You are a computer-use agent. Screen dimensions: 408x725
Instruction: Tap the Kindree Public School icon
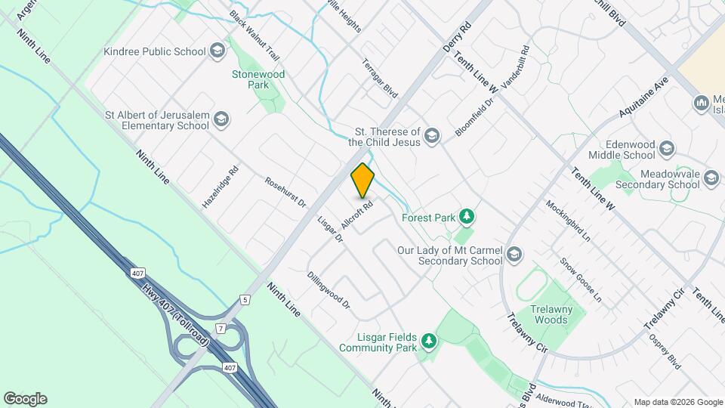[217, 51]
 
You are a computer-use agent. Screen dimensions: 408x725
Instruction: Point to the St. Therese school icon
[431, 136]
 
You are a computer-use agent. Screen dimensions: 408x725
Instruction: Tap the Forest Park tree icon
[467, 218]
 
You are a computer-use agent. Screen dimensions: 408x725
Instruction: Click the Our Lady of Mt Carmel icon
[515, 255]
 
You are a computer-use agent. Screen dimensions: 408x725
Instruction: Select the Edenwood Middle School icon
[666, 148]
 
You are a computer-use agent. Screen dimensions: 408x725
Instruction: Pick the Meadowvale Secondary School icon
[711, 178]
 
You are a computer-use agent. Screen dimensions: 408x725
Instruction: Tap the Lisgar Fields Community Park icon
[429, 342]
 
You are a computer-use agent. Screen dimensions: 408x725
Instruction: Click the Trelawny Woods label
[551, 314]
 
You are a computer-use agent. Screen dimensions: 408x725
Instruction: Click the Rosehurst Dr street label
[285, 193]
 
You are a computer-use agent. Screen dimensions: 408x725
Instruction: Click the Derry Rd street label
[457, 36]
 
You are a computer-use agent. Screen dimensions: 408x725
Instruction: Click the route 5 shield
[245, 300]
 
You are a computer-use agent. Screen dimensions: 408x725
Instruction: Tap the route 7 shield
[221, 329]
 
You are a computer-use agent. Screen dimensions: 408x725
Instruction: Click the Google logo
[25, 399]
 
